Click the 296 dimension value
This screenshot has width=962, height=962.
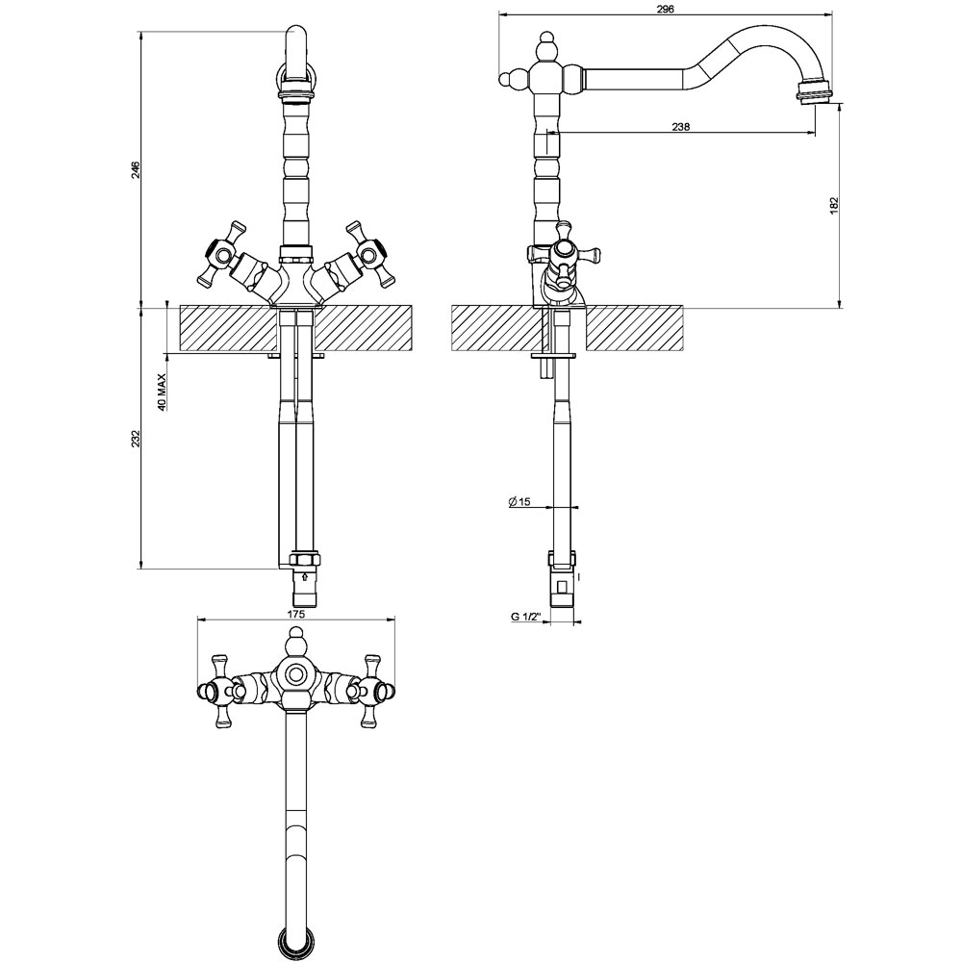[x=665, y=10]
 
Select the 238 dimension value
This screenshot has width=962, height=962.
[x=681, y=127]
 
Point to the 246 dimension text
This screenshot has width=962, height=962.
[x=137, y=169]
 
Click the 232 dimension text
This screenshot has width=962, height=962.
[x=137, y=439]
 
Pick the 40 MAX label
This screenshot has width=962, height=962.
[x=162, y=392]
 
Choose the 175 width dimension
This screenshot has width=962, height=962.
[x=295, y=613]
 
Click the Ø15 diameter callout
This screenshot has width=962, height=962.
[x=519, y=502]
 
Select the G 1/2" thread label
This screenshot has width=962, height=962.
[x=525, y=617]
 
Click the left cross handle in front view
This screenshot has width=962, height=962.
[x=222, y=253]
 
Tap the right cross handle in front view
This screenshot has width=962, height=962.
[x=369, y=253]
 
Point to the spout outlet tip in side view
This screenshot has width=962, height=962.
[x=815, y=95]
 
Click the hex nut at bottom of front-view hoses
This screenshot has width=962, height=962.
[x=304, y=560]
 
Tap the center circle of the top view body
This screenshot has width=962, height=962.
[x=295, y=674]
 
